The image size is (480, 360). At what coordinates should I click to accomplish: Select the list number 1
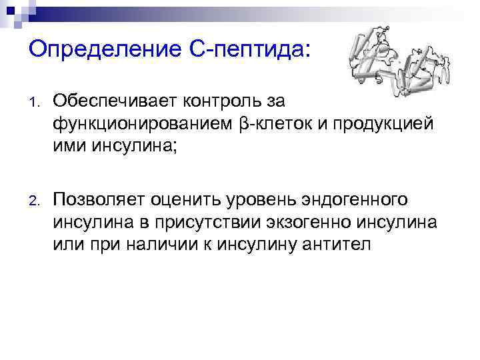[x=33, y=103]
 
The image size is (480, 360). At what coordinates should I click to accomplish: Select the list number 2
[x=33, y=200]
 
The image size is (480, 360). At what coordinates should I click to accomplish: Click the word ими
[x=67, y=146]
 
